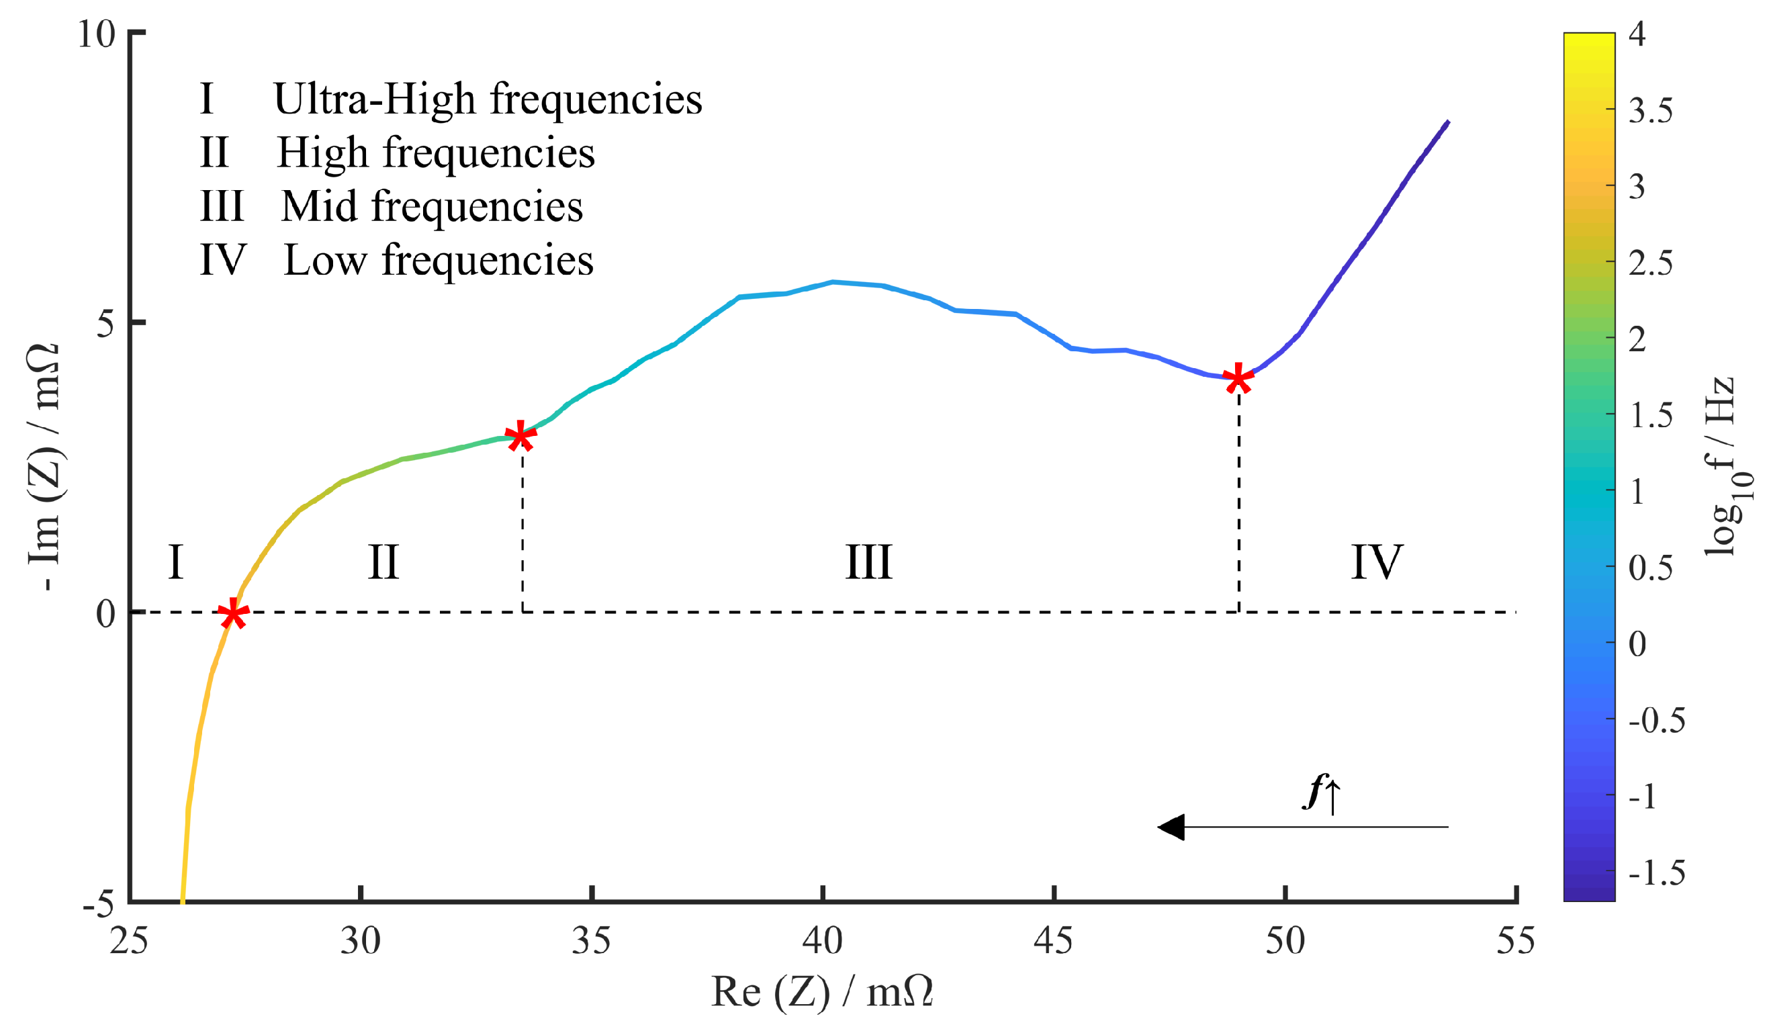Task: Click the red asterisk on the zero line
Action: tap(232, 613)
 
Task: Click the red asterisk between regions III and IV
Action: tap(1238, 379)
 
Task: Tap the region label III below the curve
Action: tap(868, 563)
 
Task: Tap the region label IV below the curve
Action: tap(1376, 563)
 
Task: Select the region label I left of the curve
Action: tap(176, 563)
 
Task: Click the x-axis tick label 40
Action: tap(822, 941)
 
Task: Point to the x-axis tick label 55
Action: tap(1515, 941)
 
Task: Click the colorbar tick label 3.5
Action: tap(1650, 111)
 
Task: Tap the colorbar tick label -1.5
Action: tap(1656, 874)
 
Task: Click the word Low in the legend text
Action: tap(325, 260)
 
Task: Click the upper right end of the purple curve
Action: tap(1447, 123)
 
